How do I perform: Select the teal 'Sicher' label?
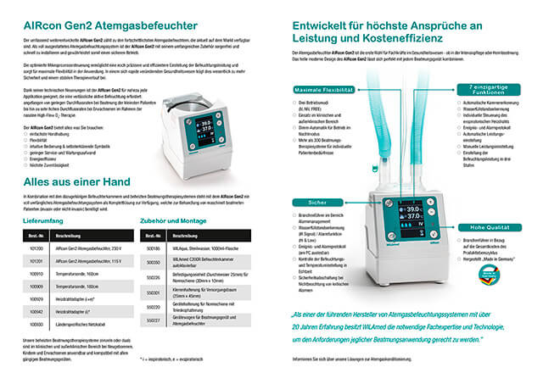pyautogui.click(x=318, y=202)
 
